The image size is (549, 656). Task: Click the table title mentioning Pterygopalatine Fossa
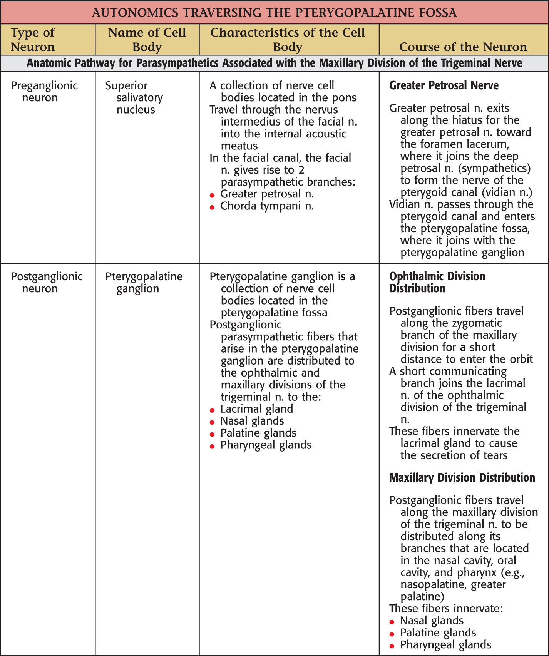pos(274,13)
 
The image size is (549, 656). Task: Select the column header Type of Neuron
pos(33,40)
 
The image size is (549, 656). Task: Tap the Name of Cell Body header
pos(147,40)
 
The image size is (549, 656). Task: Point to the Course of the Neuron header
pos(463,47)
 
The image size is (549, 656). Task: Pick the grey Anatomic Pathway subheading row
pos(274,63)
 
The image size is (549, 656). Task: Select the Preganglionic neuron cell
pos(44,91)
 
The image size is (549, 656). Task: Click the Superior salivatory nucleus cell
pos(134,97)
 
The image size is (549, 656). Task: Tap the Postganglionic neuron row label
pos(46,282)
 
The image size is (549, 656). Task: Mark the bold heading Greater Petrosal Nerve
pos(444,85)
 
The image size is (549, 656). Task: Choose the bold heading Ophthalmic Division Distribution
pos(437,282)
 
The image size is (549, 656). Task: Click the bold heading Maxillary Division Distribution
pos(462,478)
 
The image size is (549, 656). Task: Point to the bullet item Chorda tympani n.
pos(267,206)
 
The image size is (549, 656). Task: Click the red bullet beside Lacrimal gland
pos(212,410)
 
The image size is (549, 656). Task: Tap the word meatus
pos(239,146)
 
